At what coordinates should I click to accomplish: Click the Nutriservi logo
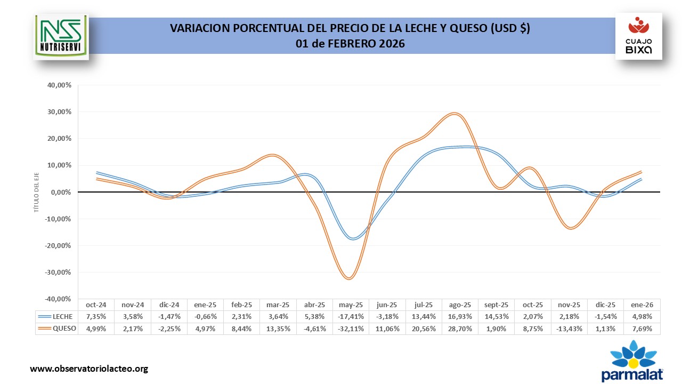61,36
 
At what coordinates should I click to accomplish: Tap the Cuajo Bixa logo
638,36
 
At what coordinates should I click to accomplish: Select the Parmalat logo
632,364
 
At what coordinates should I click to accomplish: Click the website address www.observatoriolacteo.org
89,369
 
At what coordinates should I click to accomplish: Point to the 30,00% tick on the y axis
60,112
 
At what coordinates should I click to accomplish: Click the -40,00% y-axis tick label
59,299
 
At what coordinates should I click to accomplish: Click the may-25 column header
351,305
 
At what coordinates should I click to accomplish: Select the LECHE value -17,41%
351,317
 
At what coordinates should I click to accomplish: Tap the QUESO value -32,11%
351,329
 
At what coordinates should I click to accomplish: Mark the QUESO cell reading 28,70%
460,329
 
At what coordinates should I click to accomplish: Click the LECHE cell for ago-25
460,317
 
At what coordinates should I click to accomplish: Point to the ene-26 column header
642,305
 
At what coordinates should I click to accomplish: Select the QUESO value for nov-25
569,329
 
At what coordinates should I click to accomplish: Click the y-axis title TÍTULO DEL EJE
37,192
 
